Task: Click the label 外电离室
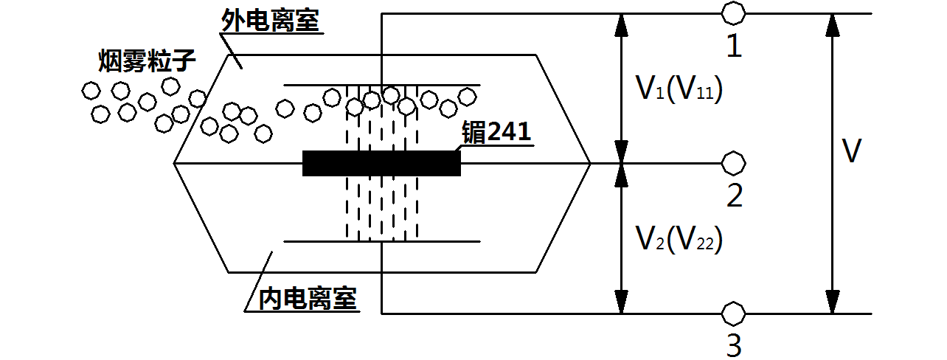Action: point(271,21)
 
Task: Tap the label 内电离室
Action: point(308,299)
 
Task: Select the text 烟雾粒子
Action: point(148,61)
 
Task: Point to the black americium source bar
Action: point(381,163)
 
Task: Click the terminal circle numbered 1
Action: point(733,13)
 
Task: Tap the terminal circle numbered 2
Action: point(733,162)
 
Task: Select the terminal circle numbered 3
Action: point(733,314)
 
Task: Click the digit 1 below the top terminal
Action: point(734,46)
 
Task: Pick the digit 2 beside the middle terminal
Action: point(735,196)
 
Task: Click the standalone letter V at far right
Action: point(852,152)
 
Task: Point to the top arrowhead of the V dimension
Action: point(833,25)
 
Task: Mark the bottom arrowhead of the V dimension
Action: point(833,302)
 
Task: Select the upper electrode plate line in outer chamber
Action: point(310,85)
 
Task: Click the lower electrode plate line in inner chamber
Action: point(310,241)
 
